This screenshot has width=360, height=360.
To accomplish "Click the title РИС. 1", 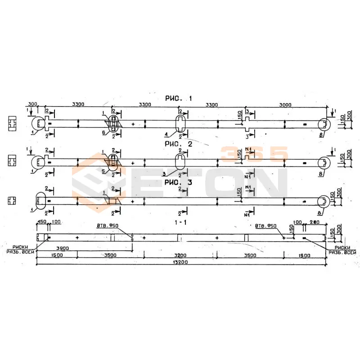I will click(x=178, y=99).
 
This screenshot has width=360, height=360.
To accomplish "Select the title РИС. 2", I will click(x=178, y=144).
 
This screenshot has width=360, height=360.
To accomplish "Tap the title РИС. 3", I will click(x=178, y=182).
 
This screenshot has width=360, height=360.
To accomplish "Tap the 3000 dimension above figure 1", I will click(x=285, y=105).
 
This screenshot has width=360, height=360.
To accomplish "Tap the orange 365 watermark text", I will click(x=254, y=153).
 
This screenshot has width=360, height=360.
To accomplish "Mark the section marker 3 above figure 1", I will click(x=247, y=111).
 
